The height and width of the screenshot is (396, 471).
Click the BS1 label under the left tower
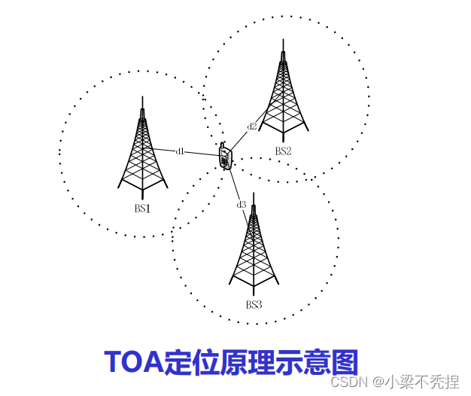143,209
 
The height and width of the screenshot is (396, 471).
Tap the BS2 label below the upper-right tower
283,151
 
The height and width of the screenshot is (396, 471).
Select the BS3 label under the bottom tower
254,305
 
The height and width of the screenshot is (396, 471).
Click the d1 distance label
180,151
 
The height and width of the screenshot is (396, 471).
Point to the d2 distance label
252,126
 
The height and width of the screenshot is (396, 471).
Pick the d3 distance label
241,205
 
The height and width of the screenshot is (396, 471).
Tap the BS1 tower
142,154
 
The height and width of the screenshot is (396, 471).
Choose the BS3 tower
254,248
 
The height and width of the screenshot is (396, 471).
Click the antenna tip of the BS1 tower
142,98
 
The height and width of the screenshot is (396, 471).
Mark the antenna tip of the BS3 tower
254,194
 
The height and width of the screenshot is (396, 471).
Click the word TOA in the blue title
134,362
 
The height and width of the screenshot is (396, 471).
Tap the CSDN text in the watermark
348,382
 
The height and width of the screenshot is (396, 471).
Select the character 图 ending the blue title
343,362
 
